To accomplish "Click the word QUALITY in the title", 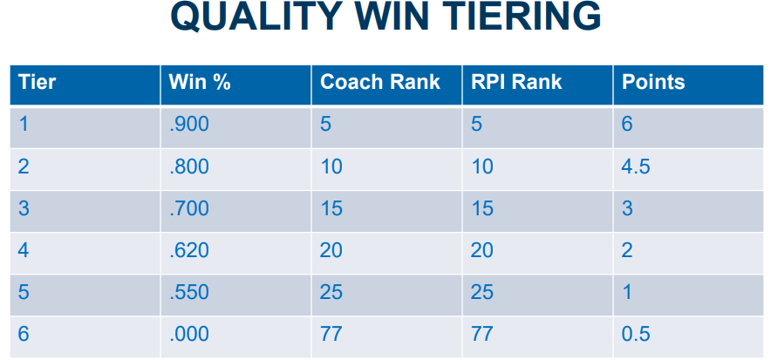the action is click(256, 16).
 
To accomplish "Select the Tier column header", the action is click(37, 82).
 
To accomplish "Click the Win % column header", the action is click(200, 82).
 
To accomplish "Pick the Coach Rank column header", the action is click(380, 82).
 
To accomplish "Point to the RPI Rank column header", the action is click(516, 82).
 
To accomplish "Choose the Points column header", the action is click(653, 82).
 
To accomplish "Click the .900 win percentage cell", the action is click(189, 125).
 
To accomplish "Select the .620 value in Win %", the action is click(189, 250).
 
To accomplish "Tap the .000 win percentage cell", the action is click(189, 335).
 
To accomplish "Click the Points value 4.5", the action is click(636, 166).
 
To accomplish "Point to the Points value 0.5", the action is click(636, 335).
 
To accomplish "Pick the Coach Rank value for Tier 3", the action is click(331, 208).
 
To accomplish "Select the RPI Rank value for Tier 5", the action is click(482, 293).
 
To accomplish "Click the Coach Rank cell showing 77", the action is click(331, 335).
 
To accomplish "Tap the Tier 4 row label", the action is click(24, 250).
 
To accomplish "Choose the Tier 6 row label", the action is click(24, 335).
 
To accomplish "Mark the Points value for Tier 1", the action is click(627, 125).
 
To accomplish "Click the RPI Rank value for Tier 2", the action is click(482, 166).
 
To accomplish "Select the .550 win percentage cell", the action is click(189, 293).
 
